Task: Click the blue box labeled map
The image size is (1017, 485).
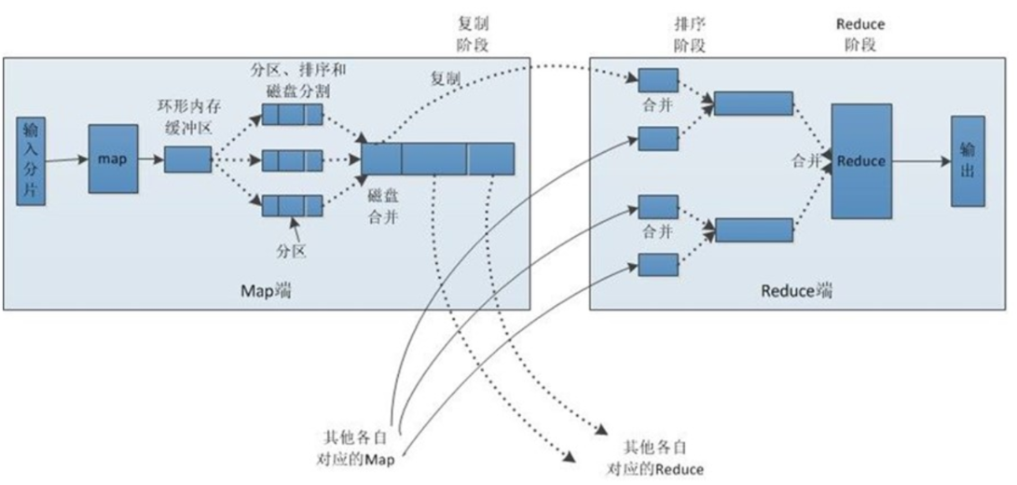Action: (113, 159)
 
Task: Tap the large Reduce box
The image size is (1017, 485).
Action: (860, 160)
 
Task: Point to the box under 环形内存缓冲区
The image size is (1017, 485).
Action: (187, 159)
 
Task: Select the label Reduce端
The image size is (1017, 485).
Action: (797, 290)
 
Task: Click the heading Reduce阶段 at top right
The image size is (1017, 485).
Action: (861, 33)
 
